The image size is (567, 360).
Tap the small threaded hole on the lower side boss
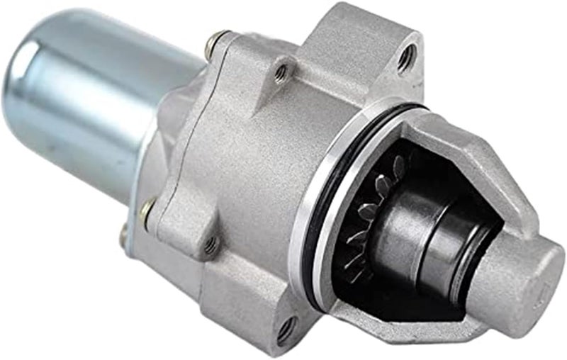pyautogui.click(x=210, y=246)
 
